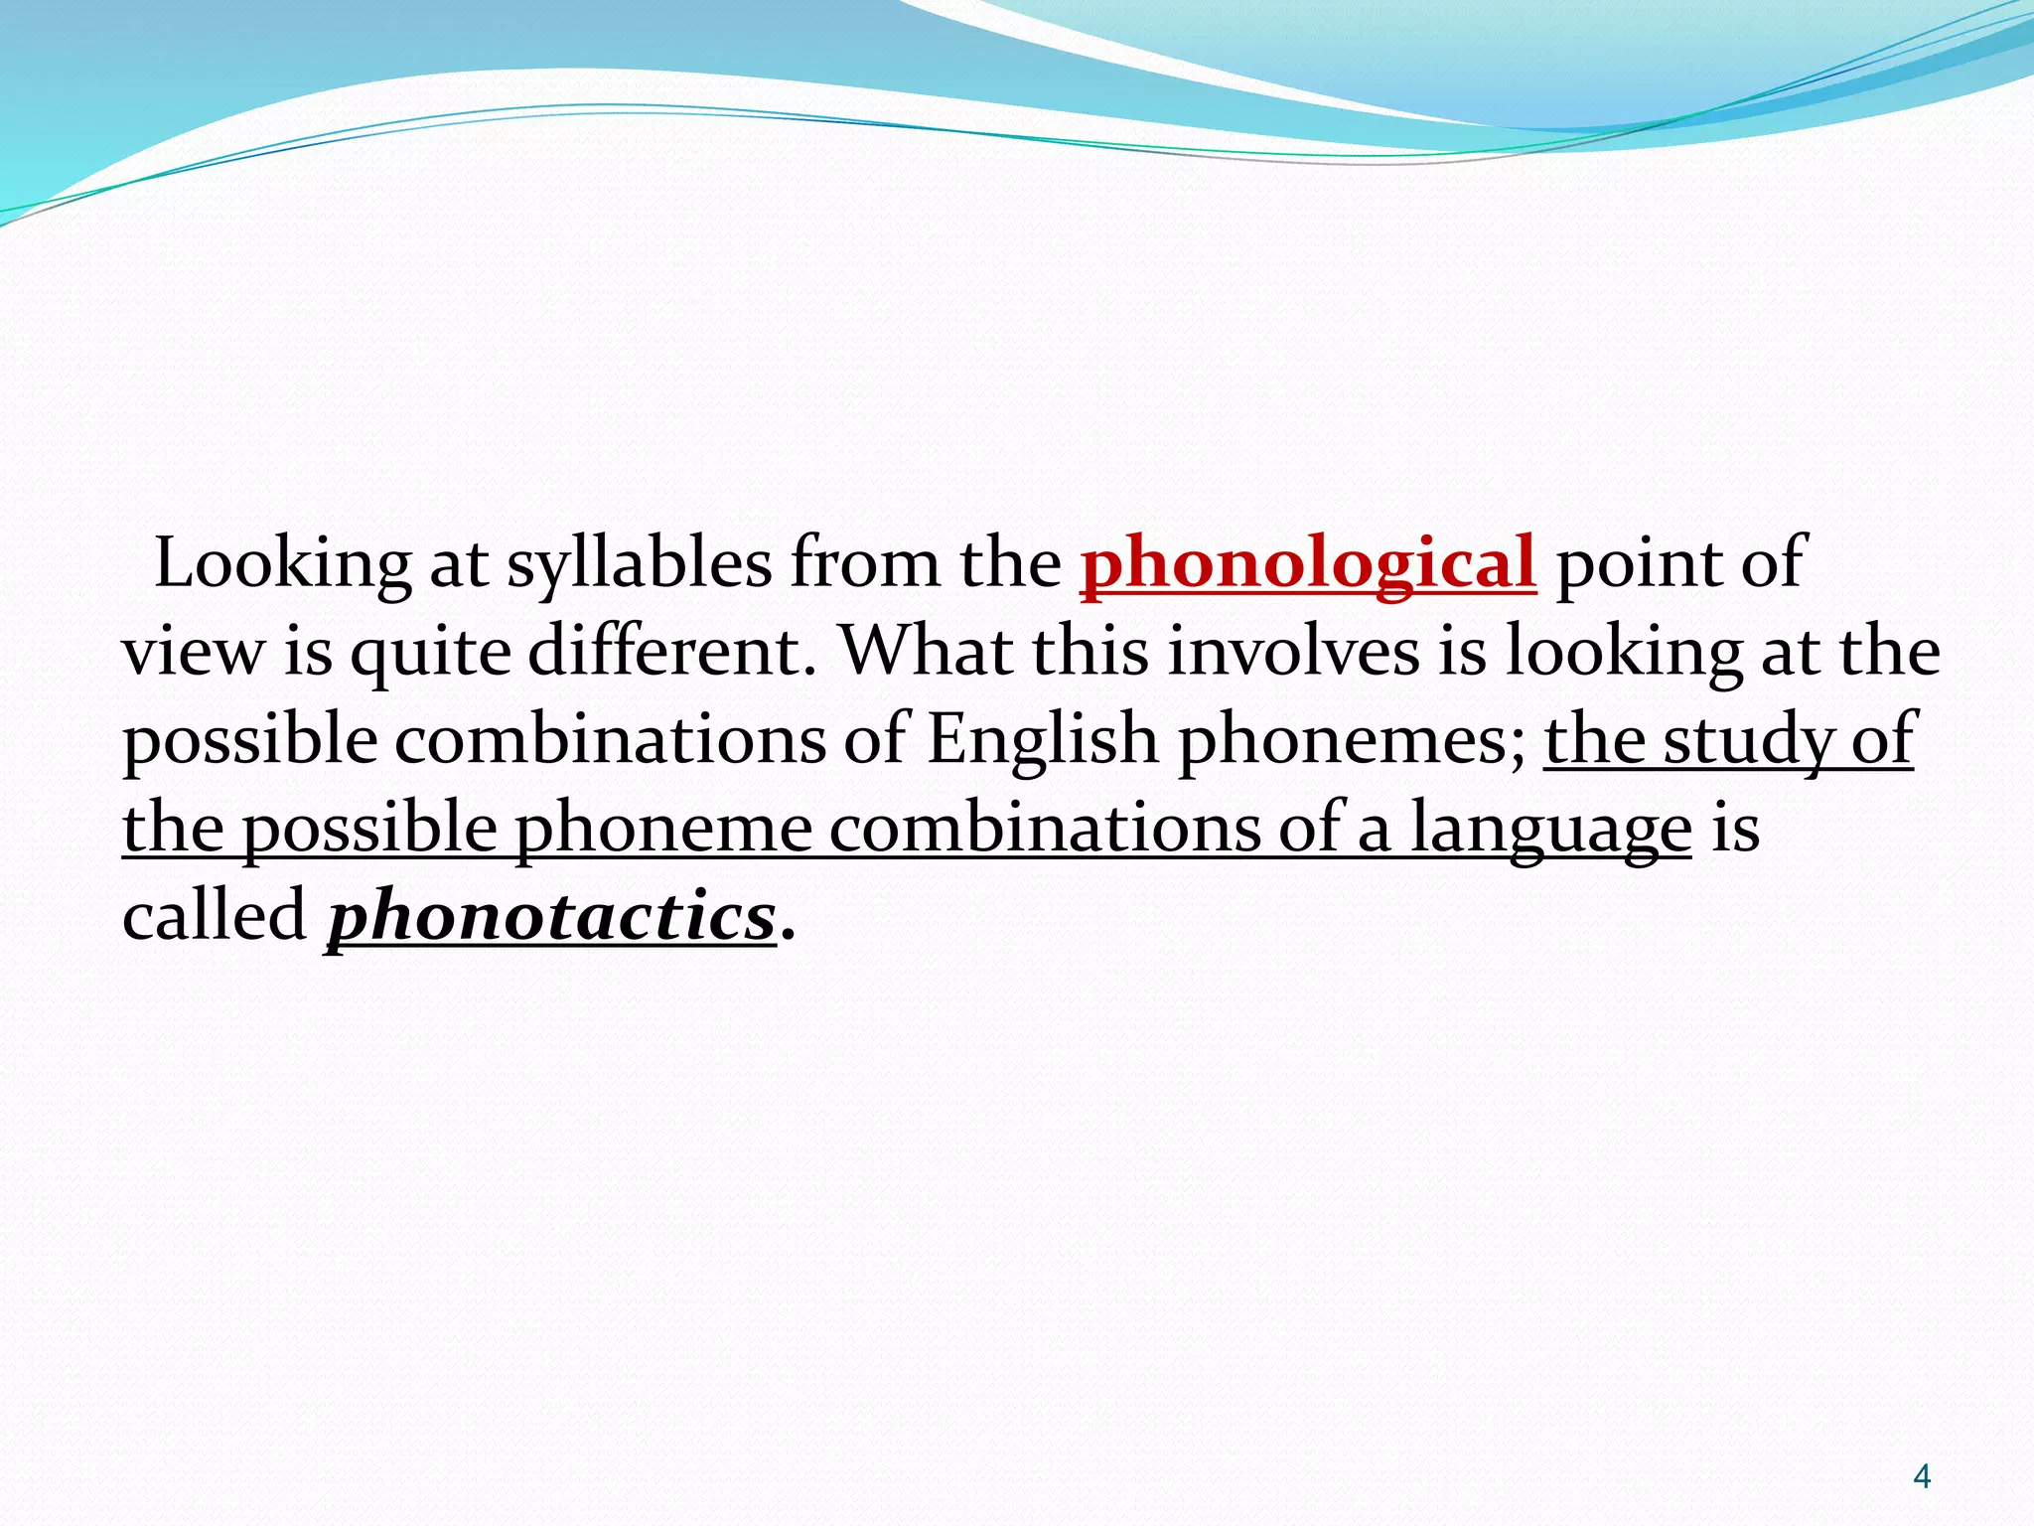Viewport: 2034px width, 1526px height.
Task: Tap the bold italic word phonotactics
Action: coord(550,917)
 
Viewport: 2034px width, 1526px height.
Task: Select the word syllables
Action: coord(639,565)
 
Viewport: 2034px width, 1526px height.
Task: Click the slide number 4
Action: coord(1922,1477)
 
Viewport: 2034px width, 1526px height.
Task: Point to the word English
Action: coord(1042,741)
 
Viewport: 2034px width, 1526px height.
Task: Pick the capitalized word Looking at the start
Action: coord(283,565)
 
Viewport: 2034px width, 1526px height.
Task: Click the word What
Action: coord(926,653)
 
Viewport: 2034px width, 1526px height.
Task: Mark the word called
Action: coord(215,915)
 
